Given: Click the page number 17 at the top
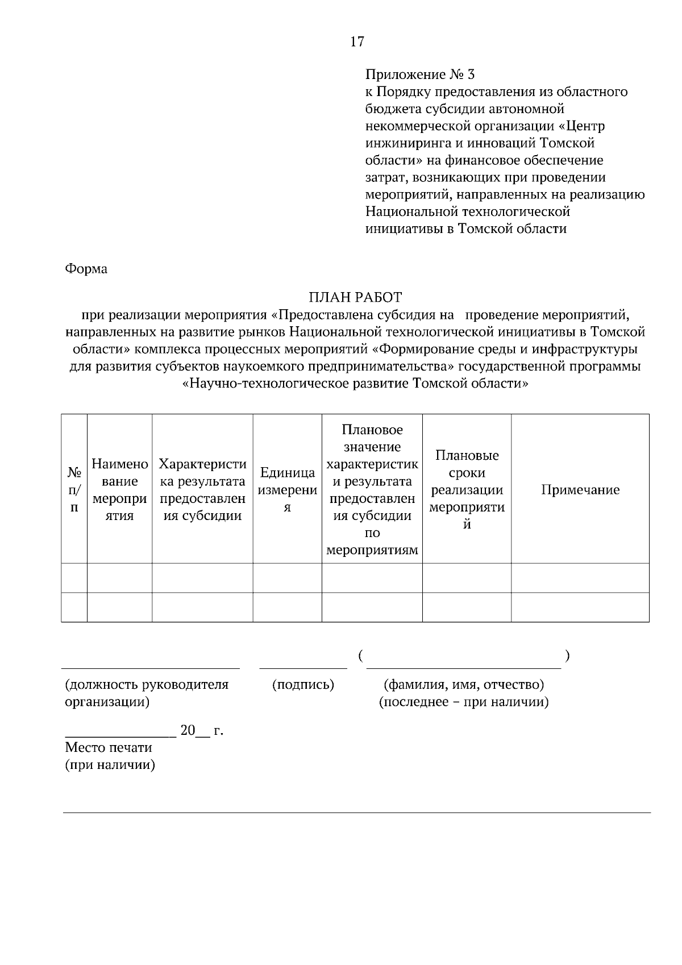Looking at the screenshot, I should coord(357,41).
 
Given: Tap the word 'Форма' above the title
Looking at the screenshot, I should coord(86,269).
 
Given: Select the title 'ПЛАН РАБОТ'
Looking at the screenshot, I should coord(355,297).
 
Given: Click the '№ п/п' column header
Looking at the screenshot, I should coord(74,490).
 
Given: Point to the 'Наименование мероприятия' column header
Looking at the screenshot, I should coord(119,490).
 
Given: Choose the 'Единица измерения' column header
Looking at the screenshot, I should coord(287,490).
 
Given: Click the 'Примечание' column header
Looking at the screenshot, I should coord(580,490).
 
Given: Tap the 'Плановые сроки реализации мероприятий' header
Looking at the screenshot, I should coord(467,490).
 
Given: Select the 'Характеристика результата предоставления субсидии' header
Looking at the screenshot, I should coord(202,490).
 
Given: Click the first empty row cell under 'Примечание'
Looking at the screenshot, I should coord(580,578).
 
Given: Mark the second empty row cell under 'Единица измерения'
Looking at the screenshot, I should coord(287,608).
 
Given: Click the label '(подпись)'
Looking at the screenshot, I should coord(303,685).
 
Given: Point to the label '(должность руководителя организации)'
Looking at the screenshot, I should coord(147,693).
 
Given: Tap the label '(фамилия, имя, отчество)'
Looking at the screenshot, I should coord(464,684).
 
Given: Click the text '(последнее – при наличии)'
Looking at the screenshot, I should coord(464,702).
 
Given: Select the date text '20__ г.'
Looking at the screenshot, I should coord(201,730).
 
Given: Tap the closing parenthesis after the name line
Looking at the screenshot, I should coord(567,656).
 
